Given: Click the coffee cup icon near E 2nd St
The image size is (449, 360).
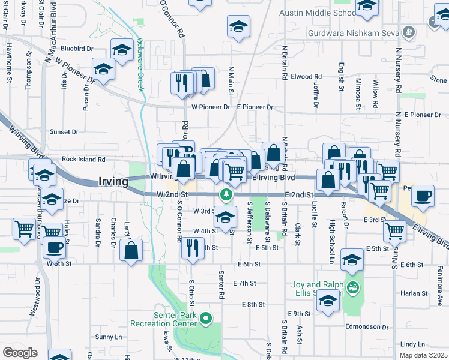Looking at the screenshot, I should pyautogui.click(x=423, y=196).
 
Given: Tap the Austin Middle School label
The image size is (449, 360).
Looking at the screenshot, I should pyautogui.click(x=318, y=13).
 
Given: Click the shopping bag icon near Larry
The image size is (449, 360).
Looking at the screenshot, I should pyautogui.click(x=131, y=250).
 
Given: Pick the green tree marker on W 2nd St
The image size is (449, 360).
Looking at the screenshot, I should pyautogui.click(x=226, y=194).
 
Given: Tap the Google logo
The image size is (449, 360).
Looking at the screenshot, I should pyautogui.click(x=19, y=353).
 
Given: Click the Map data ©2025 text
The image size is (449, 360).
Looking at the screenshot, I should pyautogui.click(x=424, y=356).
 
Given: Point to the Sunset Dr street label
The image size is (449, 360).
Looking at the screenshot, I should pyautogui.click(x=64, y=131).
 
